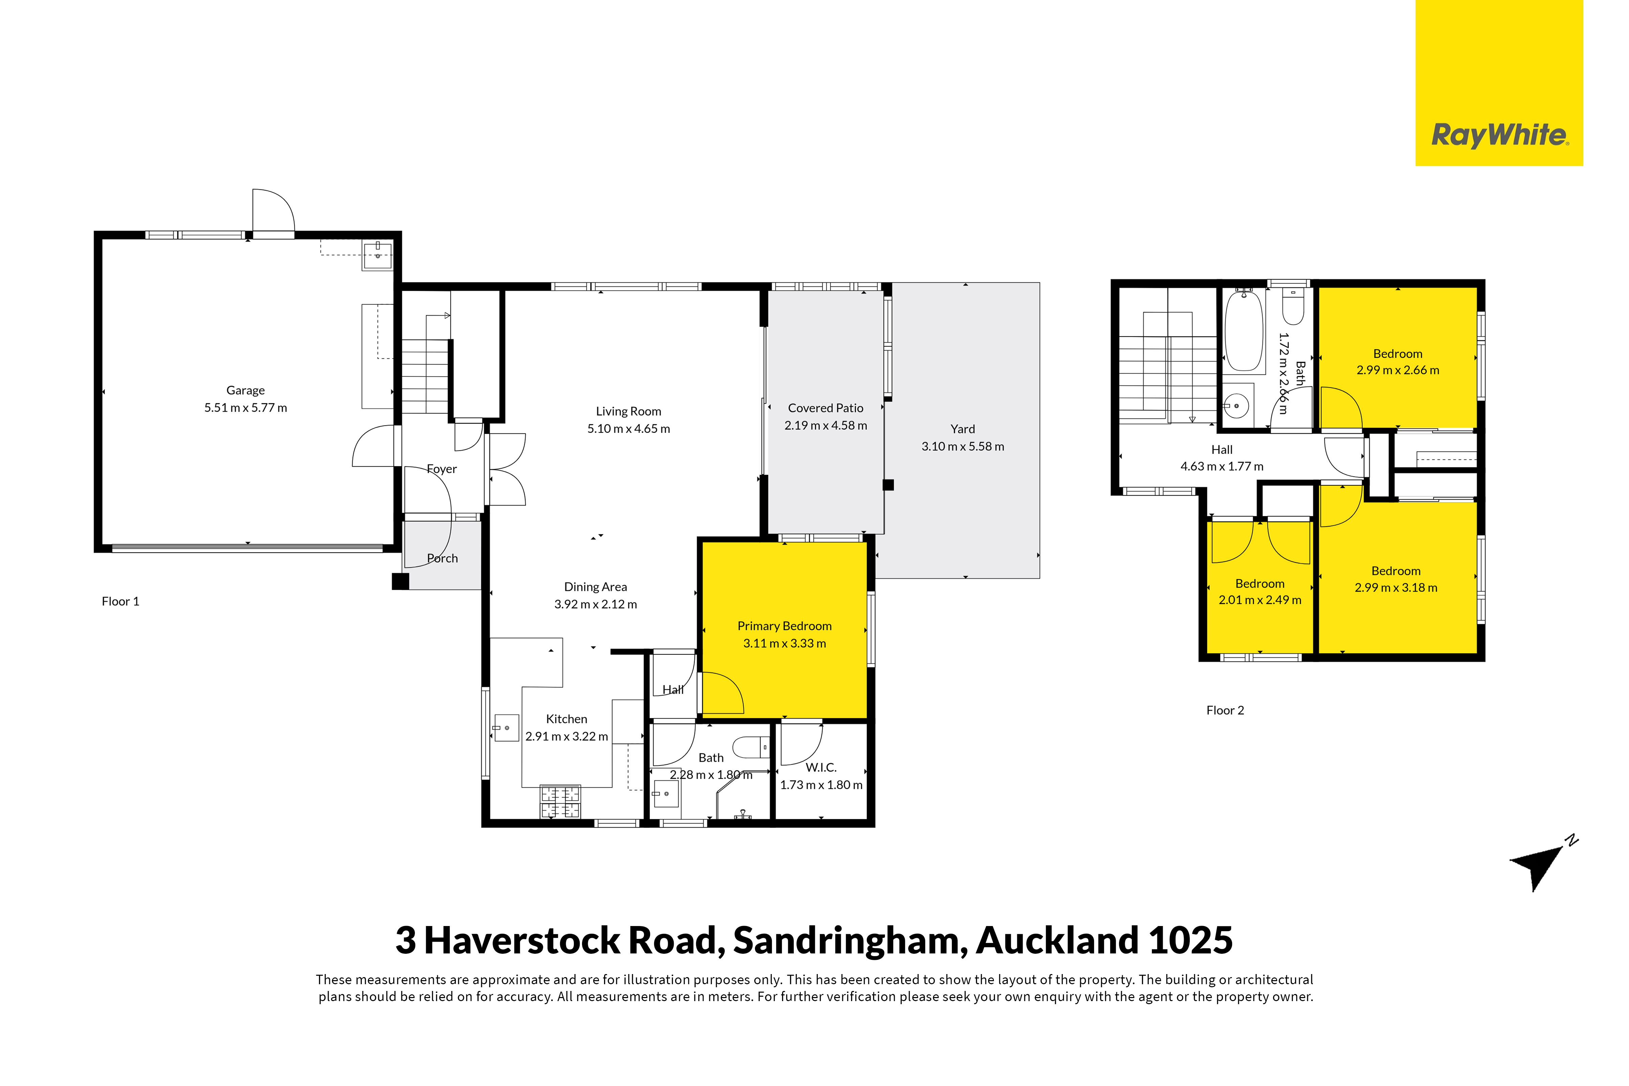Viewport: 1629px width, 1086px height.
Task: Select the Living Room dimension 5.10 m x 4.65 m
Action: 628,429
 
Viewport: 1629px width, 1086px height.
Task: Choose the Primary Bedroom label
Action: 784,626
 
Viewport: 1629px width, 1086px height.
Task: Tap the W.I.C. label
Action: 821,767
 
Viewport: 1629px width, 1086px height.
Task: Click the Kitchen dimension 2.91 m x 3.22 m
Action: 567,736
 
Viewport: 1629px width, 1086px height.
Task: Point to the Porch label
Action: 442,558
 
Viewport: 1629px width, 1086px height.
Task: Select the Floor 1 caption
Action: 120,601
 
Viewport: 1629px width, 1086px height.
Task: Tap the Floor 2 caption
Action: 1225,710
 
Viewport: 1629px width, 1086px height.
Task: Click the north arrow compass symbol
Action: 1542,866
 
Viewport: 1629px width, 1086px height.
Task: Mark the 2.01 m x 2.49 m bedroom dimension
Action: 1260,600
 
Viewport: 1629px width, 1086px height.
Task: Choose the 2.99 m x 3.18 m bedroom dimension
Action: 1396,587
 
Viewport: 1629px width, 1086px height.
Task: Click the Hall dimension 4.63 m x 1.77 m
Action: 1222,466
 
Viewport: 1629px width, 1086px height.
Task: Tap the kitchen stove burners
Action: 560,801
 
